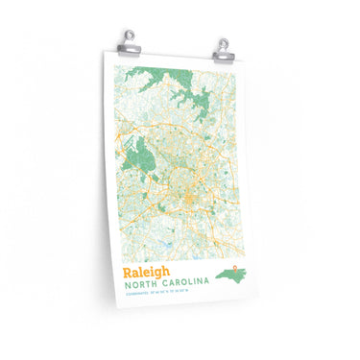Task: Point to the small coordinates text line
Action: coord(158,301)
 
